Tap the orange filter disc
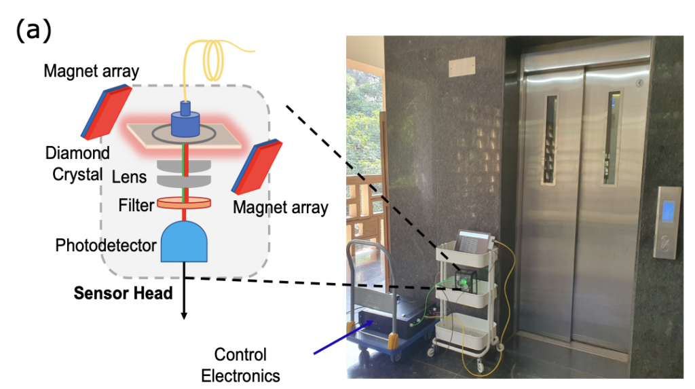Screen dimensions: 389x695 (183, 202)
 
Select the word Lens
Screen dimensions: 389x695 (130, 177)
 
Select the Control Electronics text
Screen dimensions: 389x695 (240, 365)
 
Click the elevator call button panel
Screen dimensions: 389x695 (666, 221)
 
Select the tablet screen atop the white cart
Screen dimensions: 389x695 (472, 242)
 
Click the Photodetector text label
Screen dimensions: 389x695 (106, 245)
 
